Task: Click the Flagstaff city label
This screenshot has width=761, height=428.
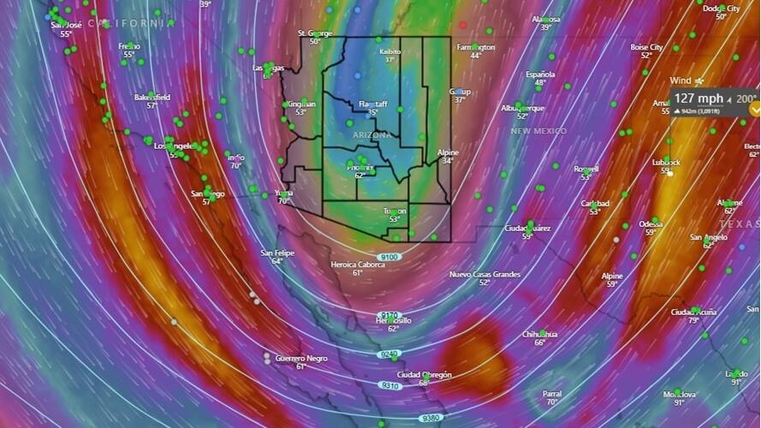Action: coord(372,104)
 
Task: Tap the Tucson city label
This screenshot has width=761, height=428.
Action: coord(395,211)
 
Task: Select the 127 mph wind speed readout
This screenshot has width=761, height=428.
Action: coord(699,98)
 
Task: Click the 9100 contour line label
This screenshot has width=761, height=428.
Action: coord(389,257)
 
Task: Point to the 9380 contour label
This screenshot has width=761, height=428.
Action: coord(431,418)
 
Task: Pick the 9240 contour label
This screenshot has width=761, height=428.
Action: coord(389,354)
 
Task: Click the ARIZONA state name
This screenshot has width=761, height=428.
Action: coord(372,135)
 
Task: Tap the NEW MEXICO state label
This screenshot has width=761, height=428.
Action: coord(538,131)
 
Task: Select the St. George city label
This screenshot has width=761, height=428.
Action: coord(314,33)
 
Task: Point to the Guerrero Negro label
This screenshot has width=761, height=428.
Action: coord(300,358)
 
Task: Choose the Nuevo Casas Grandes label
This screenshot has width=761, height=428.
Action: coord(485,274)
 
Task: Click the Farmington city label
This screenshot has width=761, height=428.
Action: coord(476,47)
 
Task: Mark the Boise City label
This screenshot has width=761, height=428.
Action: coord(646,47)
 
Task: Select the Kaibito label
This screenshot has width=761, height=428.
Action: coord(390,51)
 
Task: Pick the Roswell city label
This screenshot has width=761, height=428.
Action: coord(586,169)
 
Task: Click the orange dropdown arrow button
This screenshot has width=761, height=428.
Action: coord(754,109)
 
